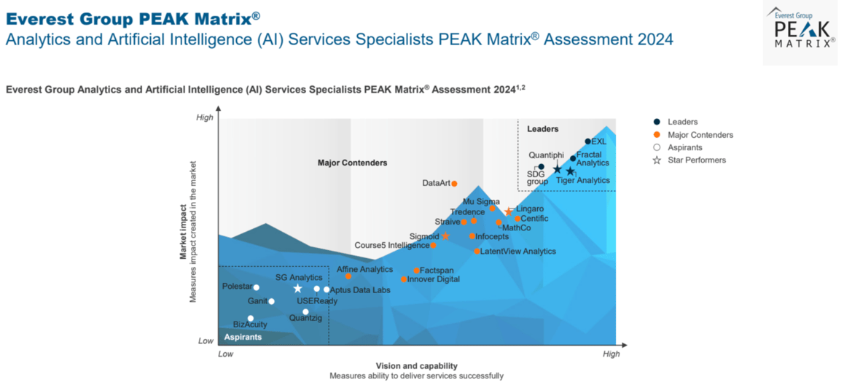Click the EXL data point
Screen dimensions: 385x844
tap(587, 141)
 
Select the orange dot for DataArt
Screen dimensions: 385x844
tap(454, 184)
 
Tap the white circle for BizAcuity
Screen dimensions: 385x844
tap(251, 319)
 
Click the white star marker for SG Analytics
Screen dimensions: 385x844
tap(297, 289)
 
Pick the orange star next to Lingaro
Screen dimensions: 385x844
tap(509, 212)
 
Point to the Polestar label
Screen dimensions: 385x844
tap(236, 287)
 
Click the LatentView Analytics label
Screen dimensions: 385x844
tap(518, 252)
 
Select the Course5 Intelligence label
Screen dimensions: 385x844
tap(392, 245)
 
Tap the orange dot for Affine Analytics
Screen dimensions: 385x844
tap(348, 276)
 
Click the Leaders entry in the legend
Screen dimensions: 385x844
tap(682, 122)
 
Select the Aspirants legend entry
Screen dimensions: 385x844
tap(684, 147)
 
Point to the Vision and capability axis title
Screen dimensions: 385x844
tap(416, 366)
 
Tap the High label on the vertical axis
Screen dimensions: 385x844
tap(205, 117)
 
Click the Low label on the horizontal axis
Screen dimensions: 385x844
tap(226, 354)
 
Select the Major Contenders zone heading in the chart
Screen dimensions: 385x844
tap(352, 163)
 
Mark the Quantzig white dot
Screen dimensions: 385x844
tap(305, 311)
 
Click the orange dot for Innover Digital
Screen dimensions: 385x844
tap(404, 279)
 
